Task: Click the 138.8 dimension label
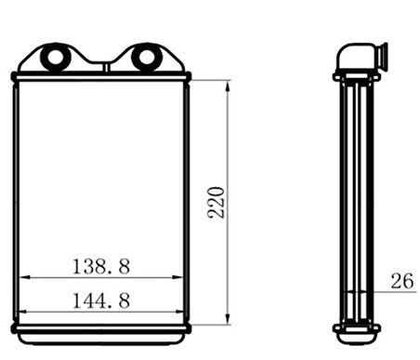[101, 266]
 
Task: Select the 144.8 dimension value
[101, 300]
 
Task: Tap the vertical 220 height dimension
[217, 203]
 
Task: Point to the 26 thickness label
[402, 281]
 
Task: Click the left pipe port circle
[56, 58]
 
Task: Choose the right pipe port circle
[147, 58]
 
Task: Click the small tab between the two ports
[106, 68]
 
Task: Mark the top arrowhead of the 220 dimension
[228, 87]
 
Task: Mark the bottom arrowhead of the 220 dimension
[228, 319]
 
